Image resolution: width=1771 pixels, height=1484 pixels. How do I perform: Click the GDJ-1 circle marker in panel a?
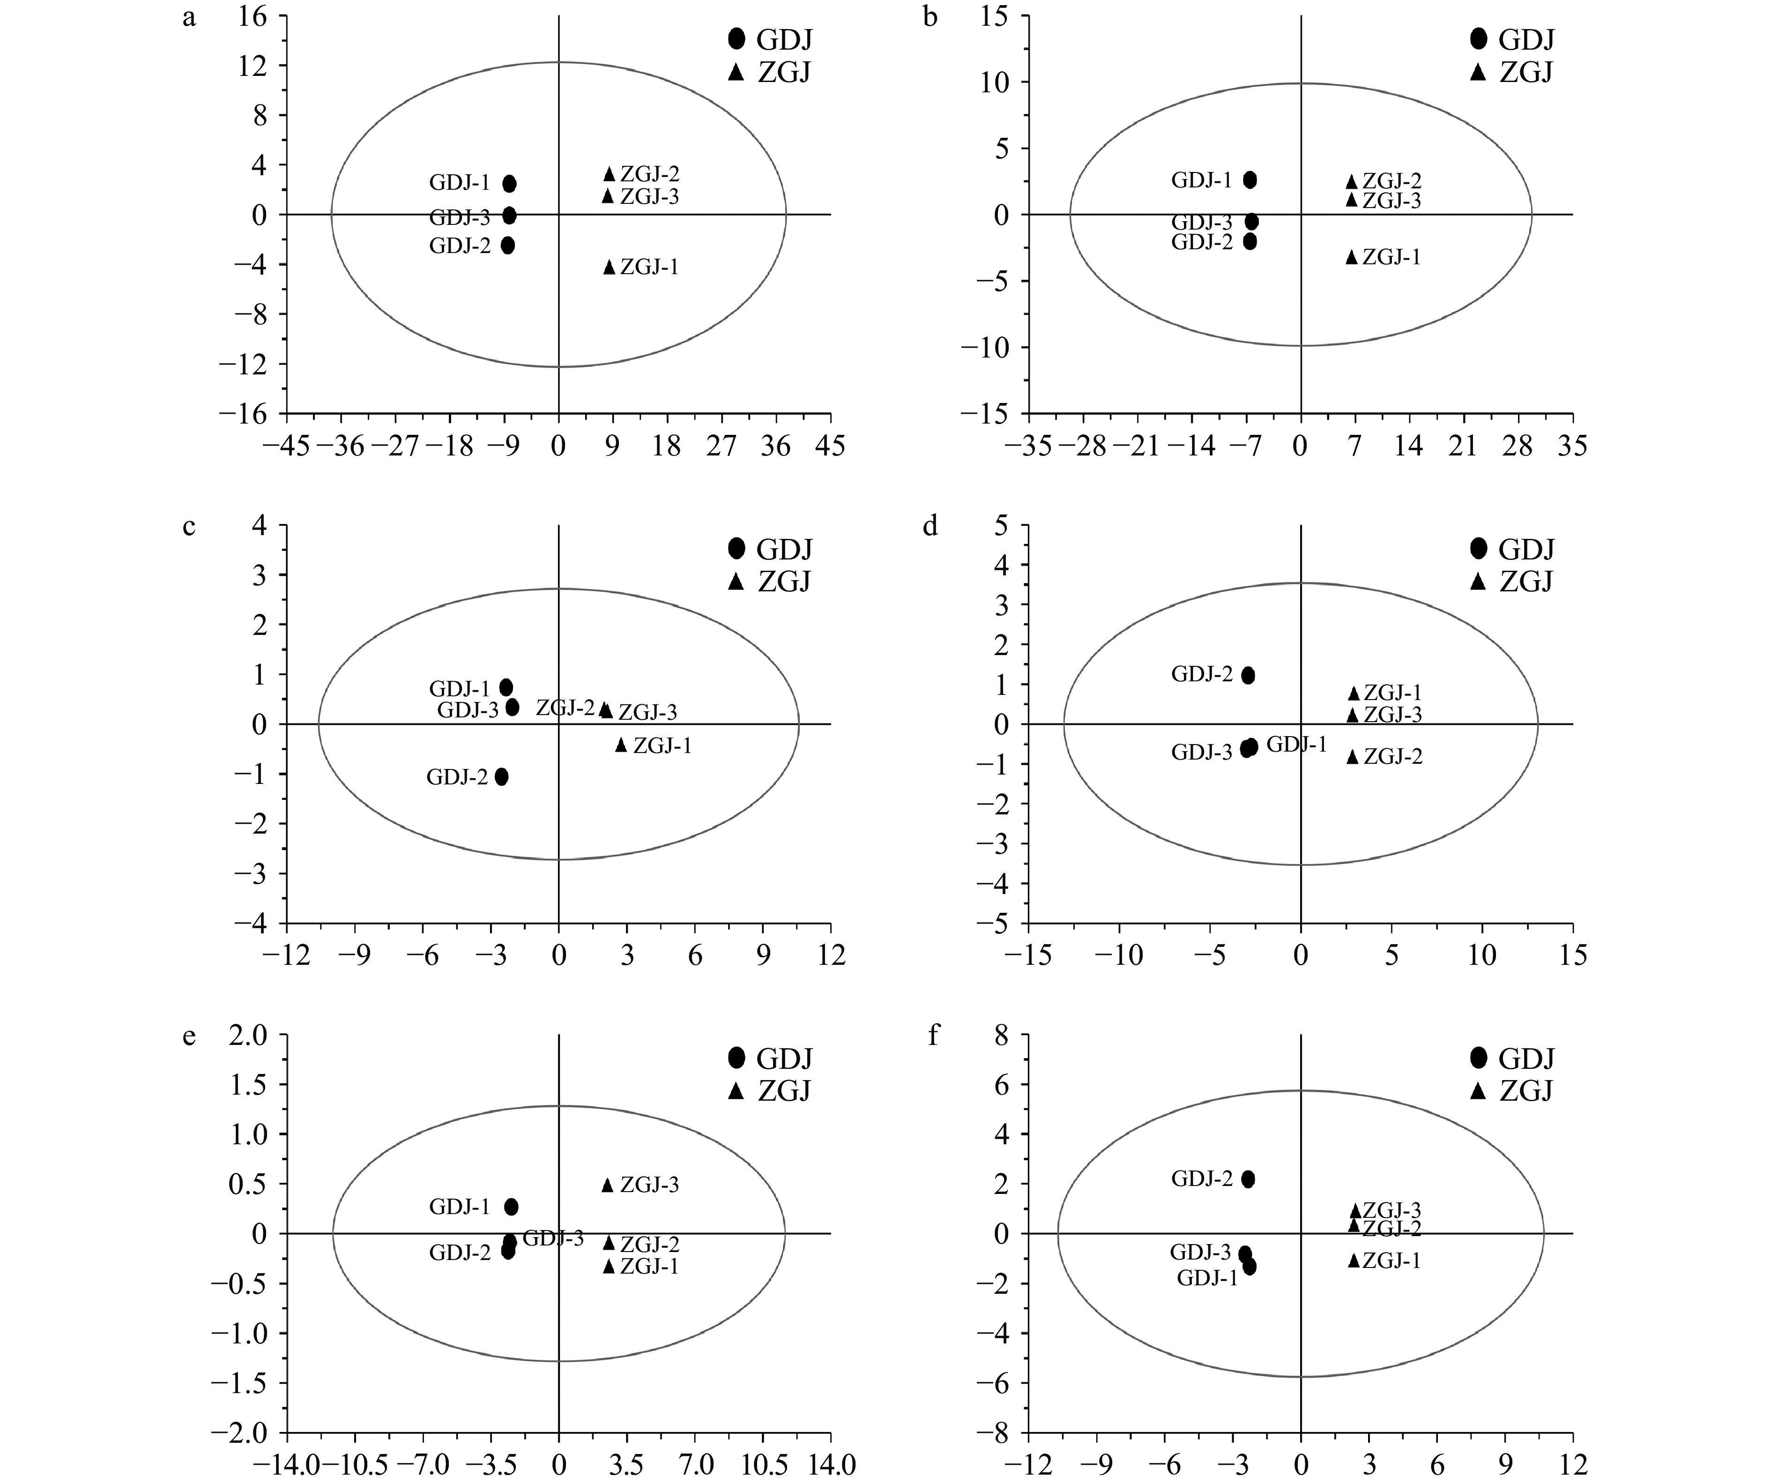point(509,184)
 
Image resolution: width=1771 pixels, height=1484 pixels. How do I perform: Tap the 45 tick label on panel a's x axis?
point(831,446)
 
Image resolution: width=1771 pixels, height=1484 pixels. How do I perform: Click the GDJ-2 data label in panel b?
point(1202,242)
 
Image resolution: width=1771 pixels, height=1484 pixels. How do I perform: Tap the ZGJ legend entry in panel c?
point(769,582)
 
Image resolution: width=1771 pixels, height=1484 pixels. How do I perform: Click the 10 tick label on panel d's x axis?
point(1482,956)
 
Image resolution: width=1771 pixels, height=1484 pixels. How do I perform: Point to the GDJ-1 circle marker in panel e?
point(511,1207)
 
